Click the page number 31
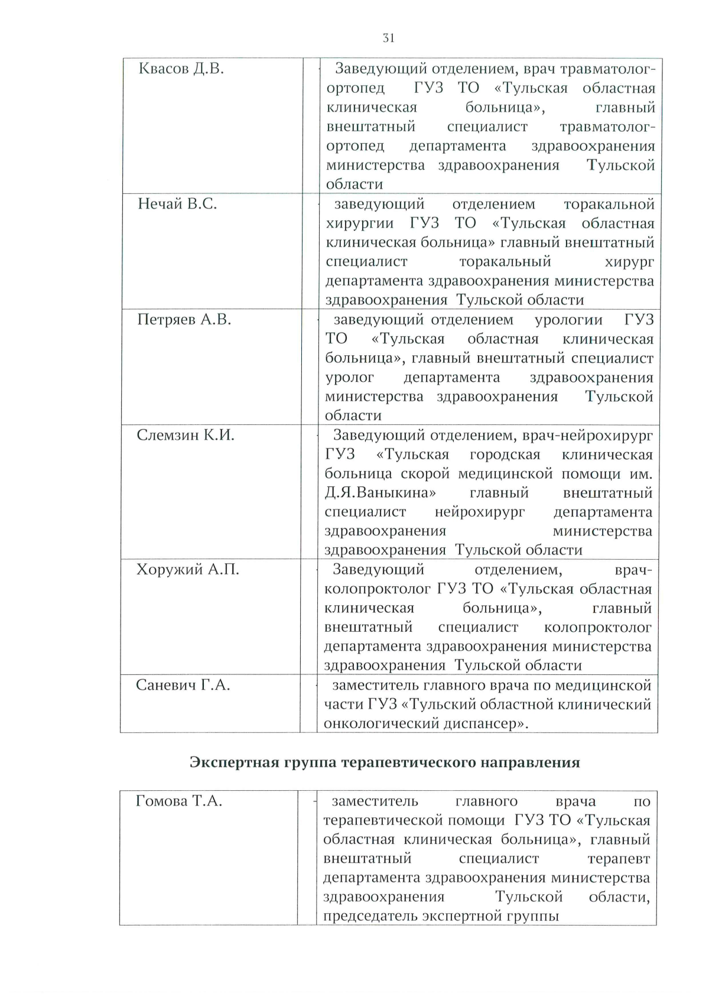tap(388, 38)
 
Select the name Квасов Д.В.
tap(181, 69)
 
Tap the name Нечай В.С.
tap(177, 205)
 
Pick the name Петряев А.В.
tap(184, 320)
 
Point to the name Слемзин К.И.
tap(186, 436)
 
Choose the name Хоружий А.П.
tap(188, 570)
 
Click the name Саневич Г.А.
tap(183, 685)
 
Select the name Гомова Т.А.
tap(179, 801)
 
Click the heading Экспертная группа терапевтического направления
tap(385, 762)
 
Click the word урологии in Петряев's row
tap(568, 320)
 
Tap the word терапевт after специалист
tap(619, 859)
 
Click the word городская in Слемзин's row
tap(505, 455)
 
